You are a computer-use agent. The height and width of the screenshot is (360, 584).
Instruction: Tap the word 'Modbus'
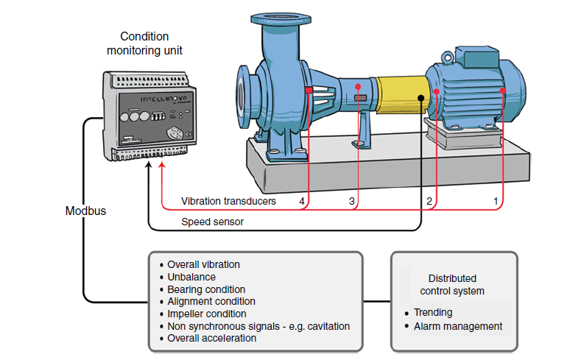click(85, 211)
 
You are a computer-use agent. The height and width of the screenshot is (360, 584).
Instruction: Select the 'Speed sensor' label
click(212, 221)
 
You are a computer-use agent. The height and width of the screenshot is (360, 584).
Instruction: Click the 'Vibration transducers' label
click(228, 201)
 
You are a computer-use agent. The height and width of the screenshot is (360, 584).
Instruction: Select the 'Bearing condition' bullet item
click(206, 289)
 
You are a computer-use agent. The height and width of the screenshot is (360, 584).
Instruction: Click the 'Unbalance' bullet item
click(191, 277)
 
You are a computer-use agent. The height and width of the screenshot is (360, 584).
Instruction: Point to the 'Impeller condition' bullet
click(207, 314)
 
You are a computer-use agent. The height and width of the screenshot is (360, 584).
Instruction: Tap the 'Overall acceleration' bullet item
click(212, 338)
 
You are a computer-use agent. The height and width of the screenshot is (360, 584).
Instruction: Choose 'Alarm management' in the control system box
click(457, 325)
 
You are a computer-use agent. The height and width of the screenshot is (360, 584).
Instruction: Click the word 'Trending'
click(433, 312)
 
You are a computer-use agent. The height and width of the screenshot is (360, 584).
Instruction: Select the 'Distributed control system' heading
click(452, 285)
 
